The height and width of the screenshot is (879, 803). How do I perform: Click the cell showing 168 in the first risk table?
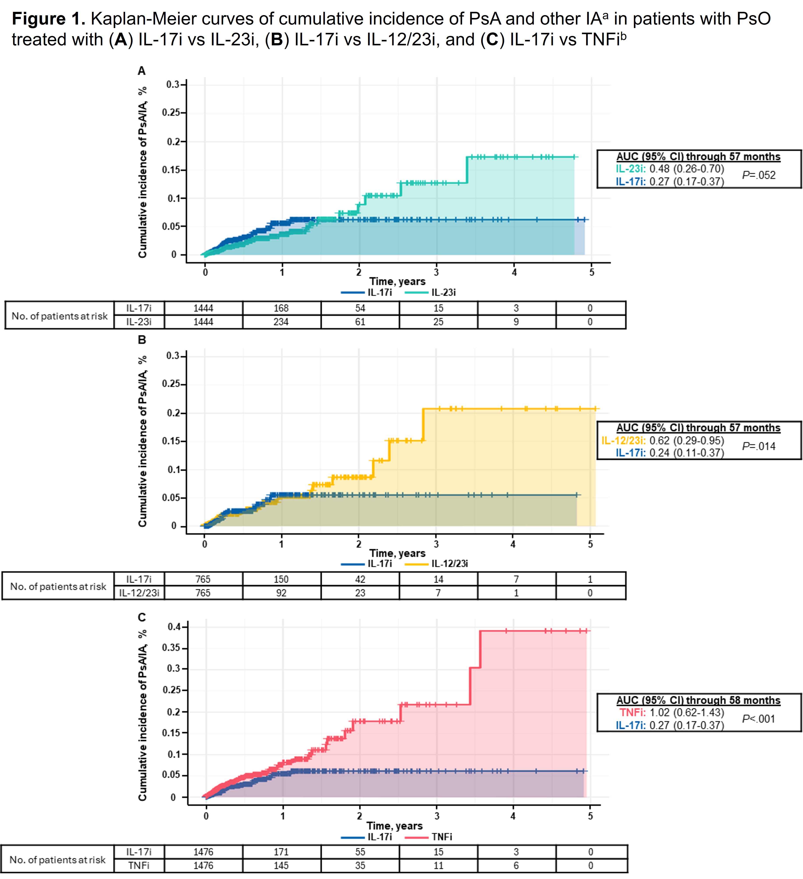click(x=281, y=308)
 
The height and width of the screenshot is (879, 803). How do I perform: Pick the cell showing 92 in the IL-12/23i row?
click(x=281, y=593)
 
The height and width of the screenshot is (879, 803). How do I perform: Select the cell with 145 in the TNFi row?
click(x=281, y=865)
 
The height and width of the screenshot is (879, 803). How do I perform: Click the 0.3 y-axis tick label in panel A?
click(x=173, y=84)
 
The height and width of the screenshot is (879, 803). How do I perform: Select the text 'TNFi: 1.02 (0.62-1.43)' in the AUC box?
click(x=671, y=712)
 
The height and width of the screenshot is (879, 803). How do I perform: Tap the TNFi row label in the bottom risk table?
click(x=139, y=865)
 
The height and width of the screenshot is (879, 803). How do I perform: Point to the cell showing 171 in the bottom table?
click(x=281, y=852)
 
